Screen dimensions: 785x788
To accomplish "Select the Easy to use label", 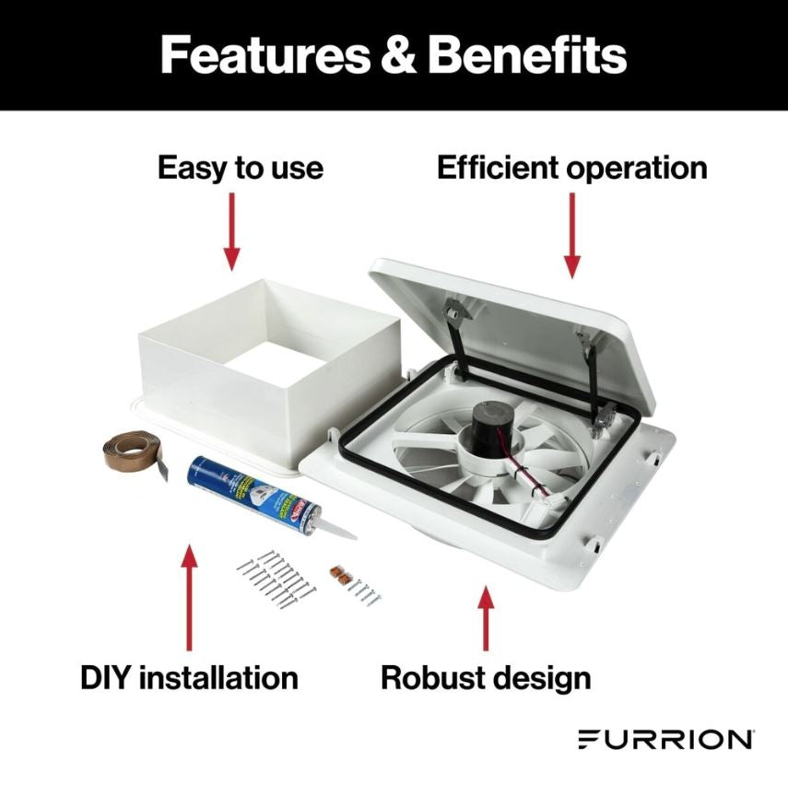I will coord(240,169).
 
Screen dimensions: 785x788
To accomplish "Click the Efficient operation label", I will coord(571,169).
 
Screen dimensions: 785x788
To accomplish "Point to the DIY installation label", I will coord(189,678).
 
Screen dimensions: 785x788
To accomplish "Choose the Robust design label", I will coord(486,678).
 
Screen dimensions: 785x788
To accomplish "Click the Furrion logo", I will coord(665,739).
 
